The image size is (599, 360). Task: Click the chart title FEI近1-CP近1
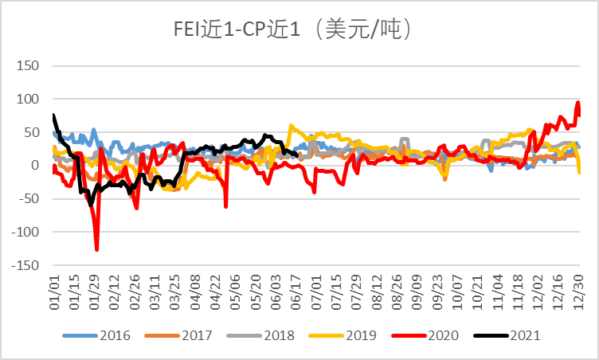coord(237,29)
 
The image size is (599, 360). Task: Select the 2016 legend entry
coord(96,335)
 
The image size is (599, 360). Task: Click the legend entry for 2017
coord(178,335)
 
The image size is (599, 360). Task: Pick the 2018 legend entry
coord(260,335)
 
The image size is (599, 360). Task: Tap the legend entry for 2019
coord(343,335)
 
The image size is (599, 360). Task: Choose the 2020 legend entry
coord(425,335)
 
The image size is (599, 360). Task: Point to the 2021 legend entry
coord(507,335)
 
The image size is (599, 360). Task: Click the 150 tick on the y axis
coord(28,66)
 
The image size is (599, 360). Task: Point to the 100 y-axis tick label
coord(28,99)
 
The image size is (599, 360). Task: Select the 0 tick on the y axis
coord(35,165)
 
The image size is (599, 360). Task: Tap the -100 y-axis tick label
coord(25,232)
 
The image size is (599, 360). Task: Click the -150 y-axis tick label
coord(25,265)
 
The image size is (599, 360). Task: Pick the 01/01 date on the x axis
coord(54,292)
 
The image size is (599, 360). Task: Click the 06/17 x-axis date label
coord(296,292)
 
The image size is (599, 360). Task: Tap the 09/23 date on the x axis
coord(437,292)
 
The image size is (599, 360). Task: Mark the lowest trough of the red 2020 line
coord(96,250)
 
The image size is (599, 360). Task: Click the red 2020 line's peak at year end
coord(578,102)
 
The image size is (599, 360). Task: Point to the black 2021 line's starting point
coord(53,115)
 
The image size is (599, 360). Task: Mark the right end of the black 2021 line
coord(297,155)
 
